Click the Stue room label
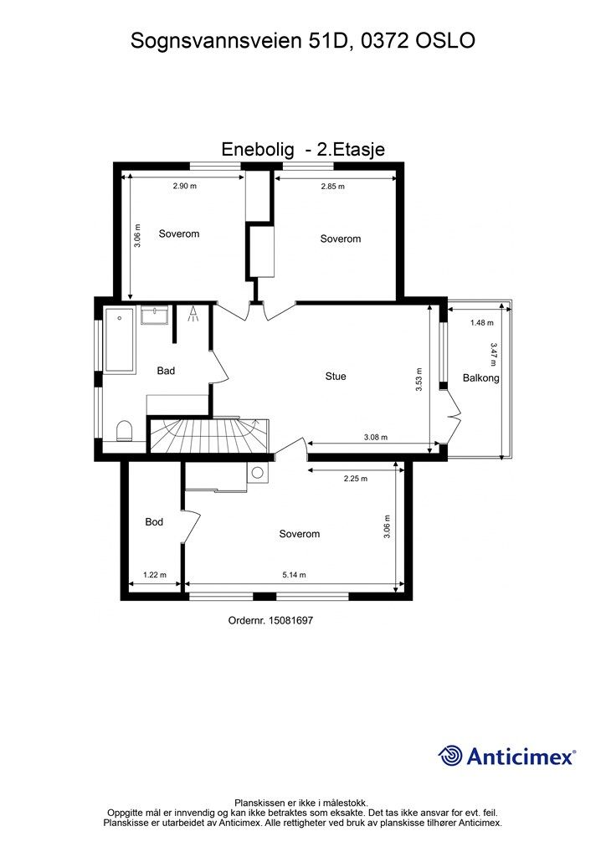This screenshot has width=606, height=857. [x=336, y=376]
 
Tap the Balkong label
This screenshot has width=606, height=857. [x=480, y=377]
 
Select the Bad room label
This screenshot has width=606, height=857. [x=166, y=371]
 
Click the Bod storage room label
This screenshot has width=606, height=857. [x=154, y=522]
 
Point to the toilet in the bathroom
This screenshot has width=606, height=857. [x=125, y=430]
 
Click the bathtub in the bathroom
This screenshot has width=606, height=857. [x=120, y=341]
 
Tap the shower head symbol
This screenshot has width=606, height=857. [x=193, y=314]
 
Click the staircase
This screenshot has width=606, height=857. [x=209, y=435]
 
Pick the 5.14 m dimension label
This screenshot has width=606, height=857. [x=294, y=574]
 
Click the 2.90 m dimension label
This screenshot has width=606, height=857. [x=185, y=186]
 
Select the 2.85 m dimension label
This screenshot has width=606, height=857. [x=333, y=187]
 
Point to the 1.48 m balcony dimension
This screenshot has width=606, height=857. [x=482, y=322]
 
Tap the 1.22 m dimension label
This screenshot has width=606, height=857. [x=155, y=574]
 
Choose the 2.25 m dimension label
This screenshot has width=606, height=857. [x=355, y=478]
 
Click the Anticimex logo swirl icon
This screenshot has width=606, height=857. [x=450, y=756]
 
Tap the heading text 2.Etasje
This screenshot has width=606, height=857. [x=352, y=149]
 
